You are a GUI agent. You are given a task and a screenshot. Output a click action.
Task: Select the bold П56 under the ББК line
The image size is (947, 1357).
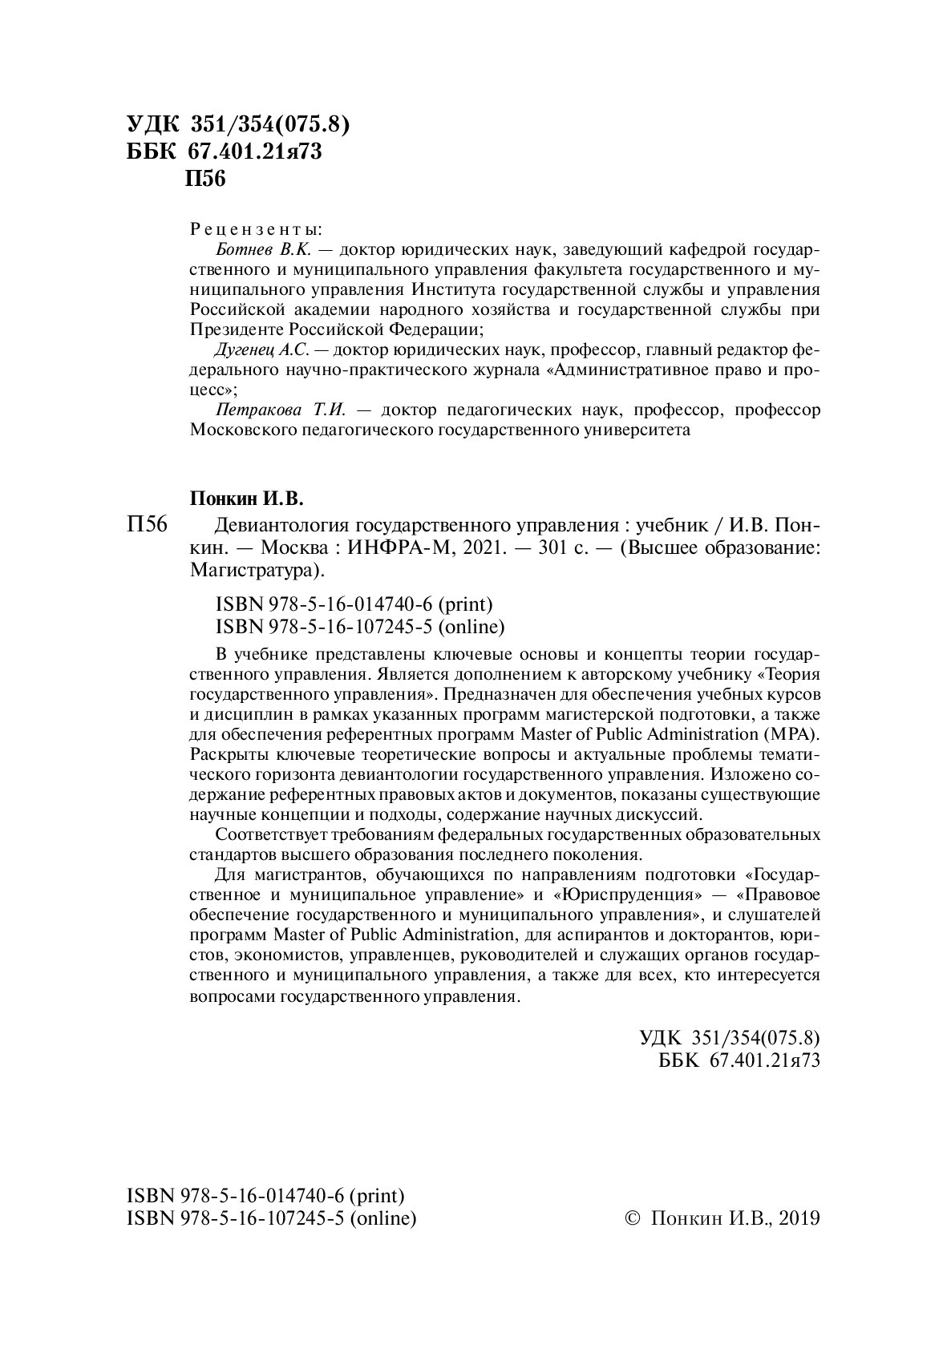point(205,179)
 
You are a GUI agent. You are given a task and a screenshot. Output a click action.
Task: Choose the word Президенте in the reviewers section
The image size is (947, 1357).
point(232,329)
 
